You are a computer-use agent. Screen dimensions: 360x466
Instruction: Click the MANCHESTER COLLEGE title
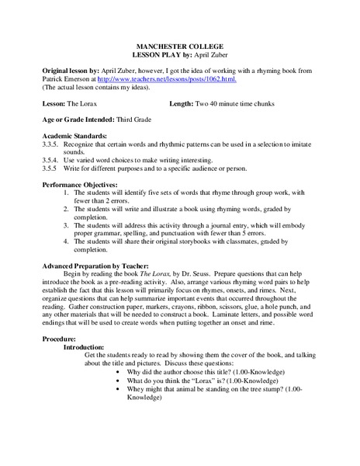coord(180,47)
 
